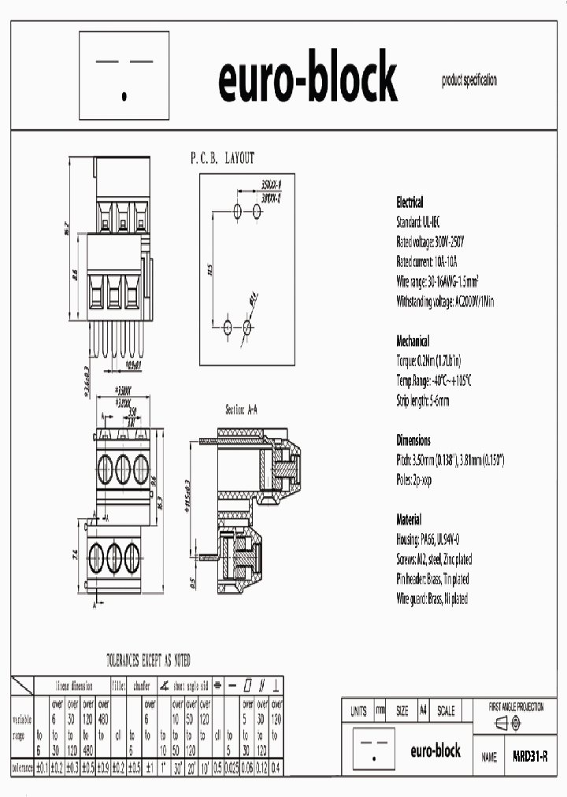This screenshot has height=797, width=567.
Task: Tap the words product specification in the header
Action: [469, 80]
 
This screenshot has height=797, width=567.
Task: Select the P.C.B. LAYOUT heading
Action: [222, 158]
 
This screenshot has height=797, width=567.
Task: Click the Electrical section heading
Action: [409, 202]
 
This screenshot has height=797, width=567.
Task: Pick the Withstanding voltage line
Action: [445, 301]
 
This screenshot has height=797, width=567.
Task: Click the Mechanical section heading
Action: [413, 341]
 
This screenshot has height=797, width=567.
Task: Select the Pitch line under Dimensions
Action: [450, 459]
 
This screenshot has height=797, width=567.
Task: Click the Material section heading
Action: [409, 520]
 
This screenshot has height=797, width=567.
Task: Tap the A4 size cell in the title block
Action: [423, 710]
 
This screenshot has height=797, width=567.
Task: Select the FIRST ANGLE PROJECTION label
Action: [516, 707]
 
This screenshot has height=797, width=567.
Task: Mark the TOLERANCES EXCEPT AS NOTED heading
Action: [148, 660]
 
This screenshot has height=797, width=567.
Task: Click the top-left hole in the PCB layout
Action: [239, 210]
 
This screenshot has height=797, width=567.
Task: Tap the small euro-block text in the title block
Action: [435, 751]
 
